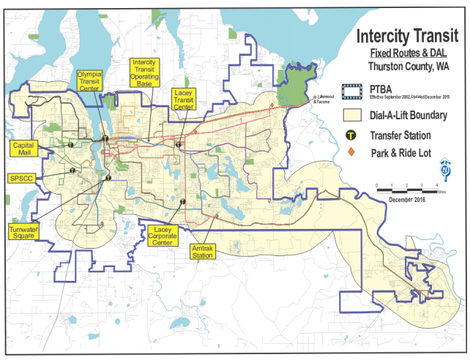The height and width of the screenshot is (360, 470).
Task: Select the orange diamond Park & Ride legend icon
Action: [x=351, y=151]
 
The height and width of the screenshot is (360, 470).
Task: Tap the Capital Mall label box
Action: [x=26, y=149]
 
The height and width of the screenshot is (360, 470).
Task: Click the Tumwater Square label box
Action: [x=23, y=232]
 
